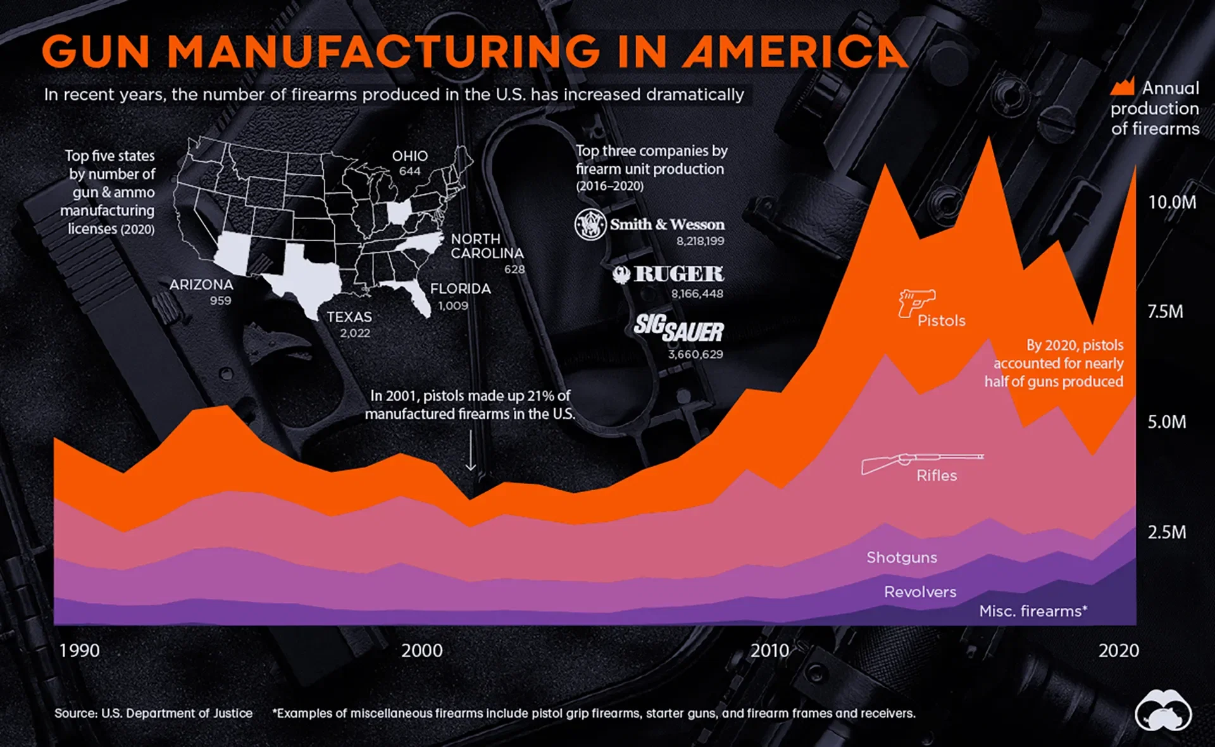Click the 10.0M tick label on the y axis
coord(1172,202)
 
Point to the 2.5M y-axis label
coord(1167,532)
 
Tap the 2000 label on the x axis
coord(422,650)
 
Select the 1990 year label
coord(79,650)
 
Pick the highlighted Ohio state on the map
coord(399,213)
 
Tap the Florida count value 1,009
coord(453,306)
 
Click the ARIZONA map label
coord(201,285)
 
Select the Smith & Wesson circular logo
coord(590,224)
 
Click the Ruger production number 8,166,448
coord(697,293)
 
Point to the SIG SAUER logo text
coord(678,328)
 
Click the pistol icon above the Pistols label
coord(915,302)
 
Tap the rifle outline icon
coord(921,462)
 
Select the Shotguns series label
coord(901,557)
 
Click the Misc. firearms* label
coord(1033,611)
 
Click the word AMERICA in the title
coord(794,52)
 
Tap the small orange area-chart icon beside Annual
coord(1122,87)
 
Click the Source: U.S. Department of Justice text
coord(153,713)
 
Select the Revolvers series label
coord(919,592)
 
